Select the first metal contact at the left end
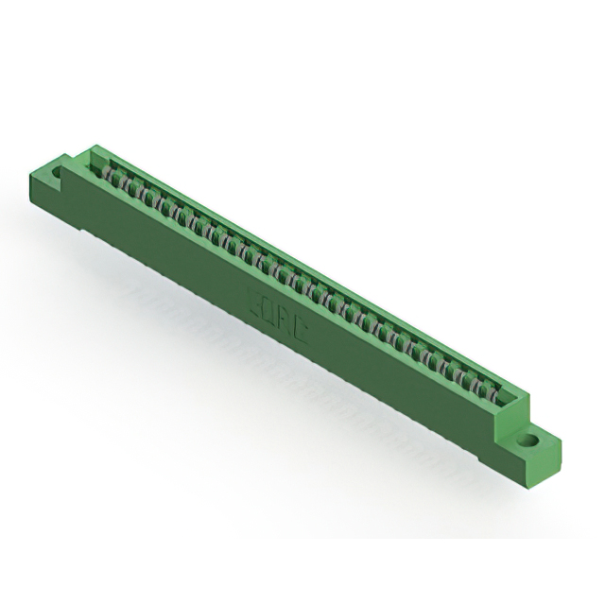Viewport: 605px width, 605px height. point(110,174)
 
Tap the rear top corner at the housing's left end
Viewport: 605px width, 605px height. point(94,146)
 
